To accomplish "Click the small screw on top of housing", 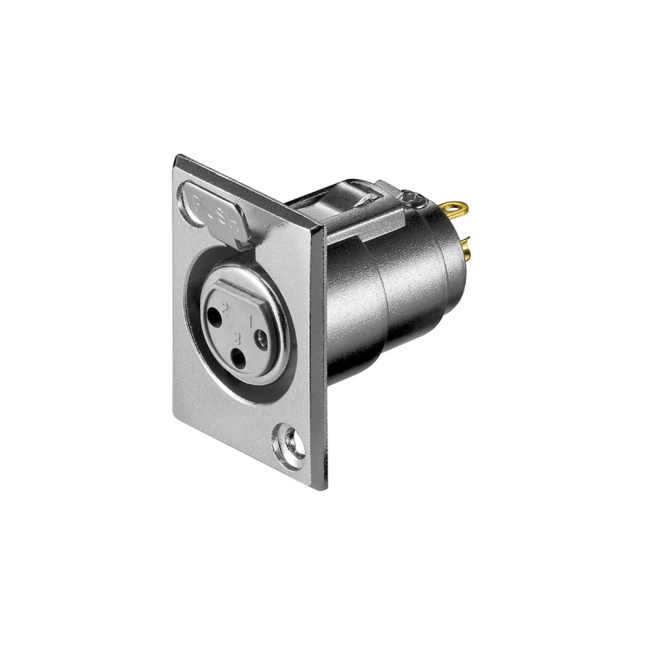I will [411, 195].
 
